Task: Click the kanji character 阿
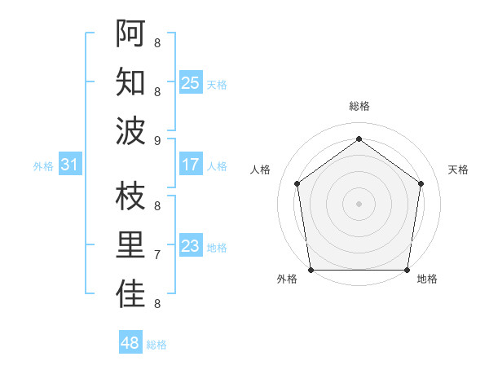[130, 33]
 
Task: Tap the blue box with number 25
[190, 82]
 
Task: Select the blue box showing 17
[190, 165]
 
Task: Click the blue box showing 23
[190, 246]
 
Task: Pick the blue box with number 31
[69, 165]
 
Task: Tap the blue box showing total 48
[130, 343]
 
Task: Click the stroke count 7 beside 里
[157, 255]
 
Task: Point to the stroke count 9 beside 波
[157, 140]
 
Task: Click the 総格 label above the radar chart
[359, 106]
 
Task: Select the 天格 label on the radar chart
[458, 169]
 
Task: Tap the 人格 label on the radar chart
[260, 169]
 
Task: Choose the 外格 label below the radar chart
[286, 279]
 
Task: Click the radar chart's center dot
[359, 203]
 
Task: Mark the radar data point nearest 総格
[359, 139]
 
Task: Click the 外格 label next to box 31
[43, 166]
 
